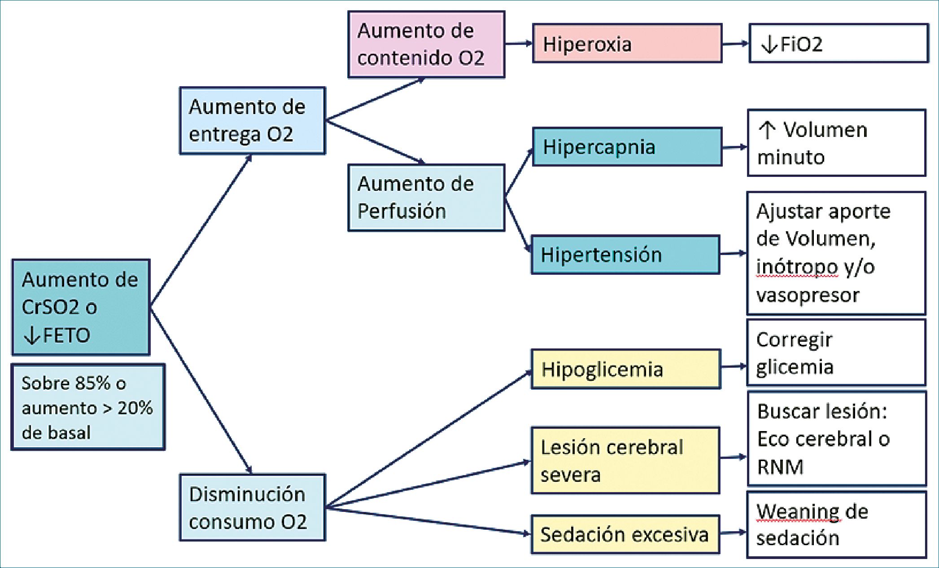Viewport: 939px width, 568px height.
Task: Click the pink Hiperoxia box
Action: [x=627, y=44]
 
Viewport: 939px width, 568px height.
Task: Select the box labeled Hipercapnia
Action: [x=627, y=147]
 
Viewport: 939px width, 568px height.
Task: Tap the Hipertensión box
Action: [x=625, y=255]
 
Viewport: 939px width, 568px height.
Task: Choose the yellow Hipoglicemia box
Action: [x=625, y=369]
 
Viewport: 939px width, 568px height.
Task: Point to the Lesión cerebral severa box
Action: [x=625, y=461]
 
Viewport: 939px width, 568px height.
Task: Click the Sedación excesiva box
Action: [x=625, y=534]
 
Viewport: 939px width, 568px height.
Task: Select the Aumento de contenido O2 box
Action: [x=426, y=44]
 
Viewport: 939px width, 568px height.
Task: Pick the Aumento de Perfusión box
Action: [x=426, y=198]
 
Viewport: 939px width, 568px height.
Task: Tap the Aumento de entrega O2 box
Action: [x=253, y=121]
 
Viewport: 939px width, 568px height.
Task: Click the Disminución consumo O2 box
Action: [x=253, y=507]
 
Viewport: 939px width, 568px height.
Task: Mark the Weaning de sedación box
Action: [x=836, y=525]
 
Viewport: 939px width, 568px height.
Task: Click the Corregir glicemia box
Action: [x=836, y=353]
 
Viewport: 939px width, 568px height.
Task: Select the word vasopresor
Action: [x=808, y=295]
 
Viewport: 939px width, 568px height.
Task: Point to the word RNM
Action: [x=780, y=467]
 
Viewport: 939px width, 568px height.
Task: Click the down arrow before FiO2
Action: [x=769, y=44]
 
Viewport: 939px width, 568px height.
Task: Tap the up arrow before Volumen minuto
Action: [x=767, y=130]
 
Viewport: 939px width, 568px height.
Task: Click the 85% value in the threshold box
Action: [x=92, y=383]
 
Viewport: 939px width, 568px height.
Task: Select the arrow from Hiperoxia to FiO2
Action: [x=735, y=44]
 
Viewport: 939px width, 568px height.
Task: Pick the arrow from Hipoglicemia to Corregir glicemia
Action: [x=734, y=367]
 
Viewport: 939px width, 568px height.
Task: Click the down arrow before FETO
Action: [x=32, y=335]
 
